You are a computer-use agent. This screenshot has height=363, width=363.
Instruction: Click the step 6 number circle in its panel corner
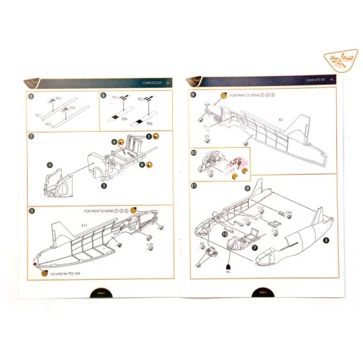[103, 96]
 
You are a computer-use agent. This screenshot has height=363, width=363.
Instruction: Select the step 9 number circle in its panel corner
[194, 95]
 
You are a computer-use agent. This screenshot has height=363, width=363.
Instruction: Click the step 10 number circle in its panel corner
[194, 153]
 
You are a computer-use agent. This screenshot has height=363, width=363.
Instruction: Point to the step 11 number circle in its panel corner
[194, 185]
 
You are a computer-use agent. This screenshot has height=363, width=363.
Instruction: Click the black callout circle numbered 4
[50, 164]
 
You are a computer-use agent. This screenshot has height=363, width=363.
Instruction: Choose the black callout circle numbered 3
[103, 184]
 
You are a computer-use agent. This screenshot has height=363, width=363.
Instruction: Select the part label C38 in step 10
[210, 172]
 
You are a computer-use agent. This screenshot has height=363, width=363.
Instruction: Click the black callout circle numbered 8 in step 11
[327, 240]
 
